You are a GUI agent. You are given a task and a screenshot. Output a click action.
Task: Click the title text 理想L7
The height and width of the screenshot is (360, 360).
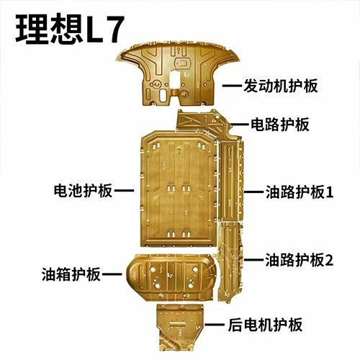point(70,30)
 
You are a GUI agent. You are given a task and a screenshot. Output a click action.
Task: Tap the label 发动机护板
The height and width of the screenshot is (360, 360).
point(281,86)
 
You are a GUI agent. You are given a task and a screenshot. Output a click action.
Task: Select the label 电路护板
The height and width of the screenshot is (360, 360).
point(280,125)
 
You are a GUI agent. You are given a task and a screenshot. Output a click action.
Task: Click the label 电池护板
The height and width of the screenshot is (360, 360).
point(83,191)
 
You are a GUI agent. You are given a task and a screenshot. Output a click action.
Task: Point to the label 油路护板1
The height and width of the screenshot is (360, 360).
point(300,192)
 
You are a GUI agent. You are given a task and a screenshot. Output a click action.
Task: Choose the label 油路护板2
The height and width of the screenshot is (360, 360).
point(299,260)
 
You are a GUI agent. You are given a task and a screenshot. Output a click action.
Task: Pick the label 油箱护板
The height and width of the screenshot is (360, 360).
point(71,274)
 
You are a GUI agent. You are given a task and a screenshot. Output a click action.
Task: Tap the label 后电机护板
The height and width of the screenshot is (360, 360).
point(265,325)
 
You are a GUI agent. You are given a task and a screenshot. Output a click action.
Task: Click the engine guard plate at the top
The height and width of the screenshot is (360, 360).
point(178,74)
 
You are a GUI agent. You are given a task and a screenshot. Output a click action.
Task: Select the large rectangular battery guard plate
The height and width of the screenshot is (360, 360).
point(179,189)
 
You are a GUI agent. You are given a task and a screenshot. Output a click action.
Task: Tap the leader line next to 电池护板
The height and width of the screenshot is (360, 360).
point(124,191)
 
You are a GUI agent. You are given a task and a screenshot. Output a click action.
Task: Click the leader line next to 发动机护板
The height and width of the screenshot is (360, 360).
point(232,86)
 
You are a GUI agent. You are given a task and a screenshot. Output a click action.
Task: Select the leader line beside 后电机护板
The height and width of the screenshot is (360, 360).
point(215,325)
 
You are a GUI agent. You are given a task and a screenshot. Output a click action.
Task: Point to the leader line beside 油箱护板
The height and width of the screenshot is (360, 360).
point(112,274)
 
